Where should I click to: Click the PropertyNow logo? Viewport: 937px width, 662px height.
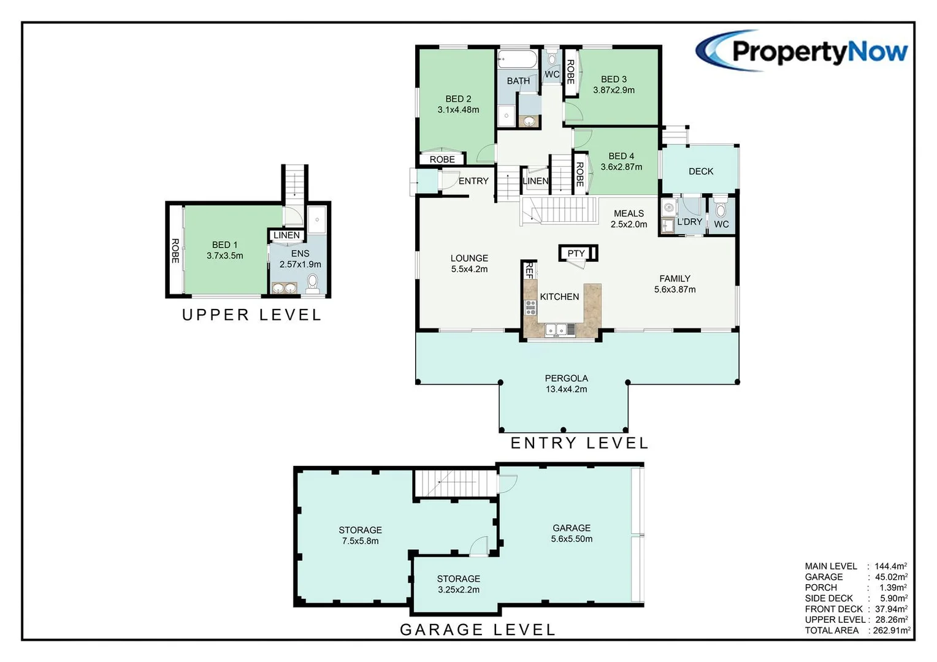(802, 51)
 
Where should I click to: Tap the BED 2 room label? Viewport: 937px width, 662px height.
(458, 99)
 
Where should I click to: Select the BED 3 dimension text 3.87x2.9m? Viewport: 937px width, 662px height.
(613, 90)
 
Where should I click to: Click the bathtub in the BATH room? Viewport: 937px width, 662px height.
(517, 59)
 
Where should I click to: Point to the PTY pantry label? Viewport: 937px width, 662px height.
(576, 253)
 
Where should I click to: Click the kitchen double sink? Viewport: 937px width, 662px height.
(556, 330)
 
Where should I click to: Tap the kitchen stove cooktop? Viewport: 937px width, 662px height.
(530, 308)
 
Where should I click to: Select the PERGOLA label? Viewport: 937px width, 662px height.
(566, 378)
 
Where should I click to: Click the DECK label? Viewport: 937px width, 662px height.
(700, 172)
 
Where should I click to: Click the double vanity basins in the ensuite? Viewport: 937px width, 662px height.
(284, 287)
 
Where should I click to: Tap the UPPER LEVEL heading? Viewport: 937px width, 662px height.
(251, 315)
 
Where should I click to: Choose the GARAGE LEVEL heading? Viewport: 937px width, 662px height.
(477, 630)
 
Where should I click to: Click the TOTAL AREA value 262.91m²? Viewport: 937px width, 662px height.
(890, 630)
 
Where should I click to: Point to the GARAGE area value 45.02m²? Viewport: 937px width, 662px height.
(890, 577)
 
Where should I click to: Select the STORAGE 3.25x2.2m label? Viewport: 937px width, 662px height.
(458, 584)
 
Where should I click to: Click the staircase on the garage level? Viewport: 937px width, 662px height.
(455, 484)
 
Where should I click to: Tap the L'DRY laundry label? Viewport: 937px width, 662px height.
(689, 222)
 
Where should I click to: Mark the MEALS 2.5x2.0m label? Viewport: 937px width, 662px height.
(629, 219)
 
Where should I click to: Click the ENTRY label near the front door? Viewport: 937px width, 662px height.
(473, 181)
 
